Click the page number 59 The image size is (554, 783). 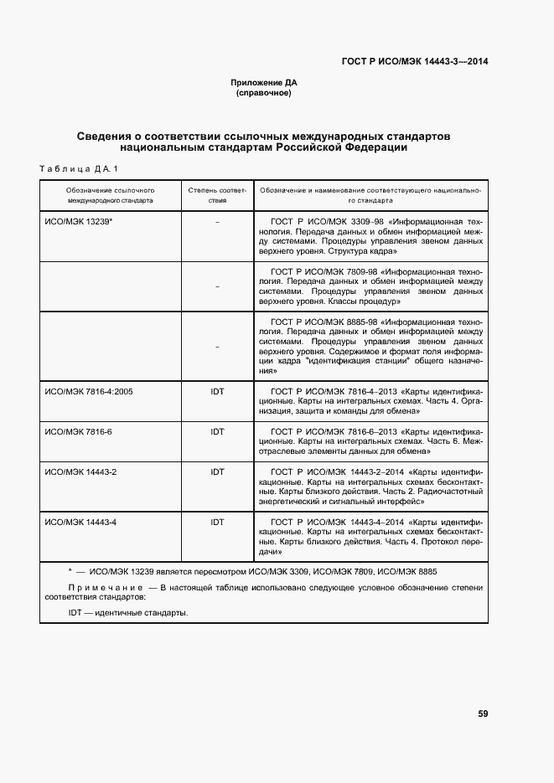coord(483,713)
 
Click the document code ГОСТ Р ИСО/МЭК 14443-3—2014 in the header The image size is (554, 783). coord(416,61)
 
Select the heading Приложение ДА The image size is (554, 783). coord(264,83)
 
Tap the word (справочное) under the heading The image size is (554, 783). coord(264,93)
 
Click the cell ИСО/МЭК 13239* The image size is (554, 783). coord(79,221)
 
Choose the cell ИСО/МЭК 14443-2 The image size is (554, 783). coord(80,472)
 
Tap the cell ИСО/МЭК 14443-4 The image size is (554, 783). coord(80,522)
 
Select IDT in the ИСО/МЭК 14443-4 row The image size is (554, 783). coord(217,522)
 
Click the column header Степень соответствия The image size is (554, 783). coord(217,196)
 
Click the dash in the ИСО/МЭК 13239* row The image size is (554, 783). coord(217,222)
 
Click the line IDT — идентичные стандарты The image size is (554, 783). coord(128,612)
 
